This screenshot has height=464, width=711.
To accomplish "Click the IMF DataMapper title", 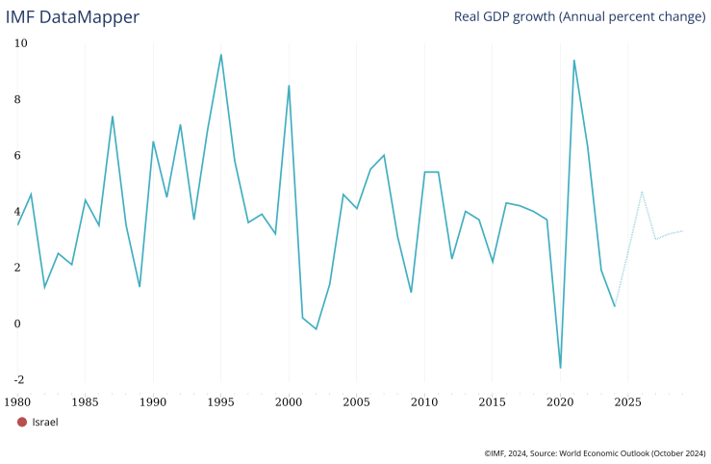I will point(72,17).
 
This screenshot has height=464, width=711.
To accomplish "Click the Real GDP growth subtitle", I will point(579,17).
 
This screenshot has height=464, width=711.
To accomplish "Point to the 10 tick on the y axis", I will point(21,43).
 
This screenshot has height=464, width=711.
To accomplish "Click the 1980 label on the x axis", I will point(17,400).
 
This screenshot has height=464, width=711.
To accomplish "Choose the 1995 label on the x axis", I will point(220,400).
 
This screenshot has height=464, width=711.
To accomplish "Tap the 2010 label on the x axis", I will point(424,400).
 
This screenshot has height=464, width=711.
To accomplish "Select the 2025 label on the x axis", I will point(627,400).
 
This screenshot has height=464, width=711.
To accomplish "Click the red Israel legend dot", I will point(22,422).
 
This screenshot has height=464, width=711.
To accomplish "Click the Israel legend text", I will point(45,422).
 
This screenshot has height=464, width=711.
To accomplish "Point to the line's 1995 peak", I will point(221,55).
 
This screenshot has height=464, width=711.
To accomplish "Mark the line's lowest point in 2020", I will point(560,368).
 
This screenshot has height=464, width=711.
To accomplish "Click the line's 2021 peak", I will point(573,61).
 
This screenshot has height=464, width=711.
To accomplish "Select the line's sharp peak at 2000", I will point(289,86).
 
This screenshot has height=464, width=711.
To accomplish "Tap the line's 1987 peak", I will point(113,116).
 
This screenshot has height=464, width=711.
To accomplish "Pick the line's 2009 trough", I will point(411,293).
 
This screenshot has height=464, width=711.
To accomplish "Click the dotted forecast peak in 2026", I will point(642,192).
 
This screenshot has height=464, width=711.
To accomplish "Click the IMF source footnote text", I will point(595,451).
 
